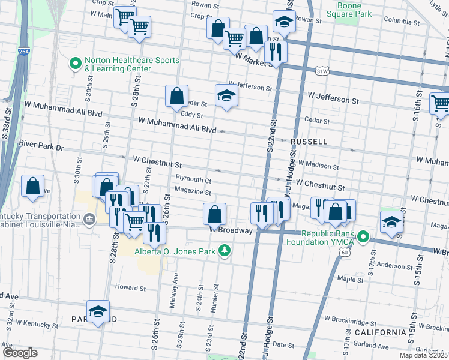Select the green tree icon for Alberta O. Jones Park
point(224,249)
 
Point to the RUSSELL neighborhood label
point(309,142)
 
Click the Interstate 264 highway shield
point(23,52)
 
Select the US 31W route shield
point(322,71)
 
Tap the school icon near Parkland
point(98,311)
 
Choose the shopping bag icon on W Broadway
point(214,214)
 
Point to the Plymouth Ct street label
point(193,179)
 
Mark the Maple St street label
point(348,279)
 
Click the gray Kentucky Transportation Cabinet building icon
point(89,220)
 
